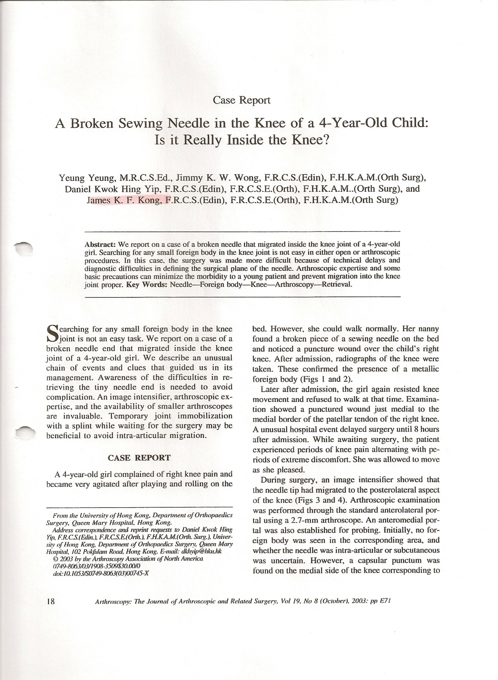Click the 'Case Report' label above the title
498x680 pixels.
pyautogui.click(x=242, y=100)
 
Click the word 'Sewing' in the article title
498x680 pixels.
pyautogui.click(x=140, y=123)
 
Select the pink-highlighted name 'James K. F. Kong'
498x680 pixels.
pyautogui.click(x=124, y=200)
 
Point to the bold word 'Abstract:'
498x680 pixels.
pyautogui.click(x=100, y=244)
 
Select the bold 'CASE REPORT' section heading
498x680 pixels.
pyautogui.click(x=139, y=458)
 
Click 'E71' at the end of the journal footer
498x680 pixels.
pyautogui.click(x=385, y=601)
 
